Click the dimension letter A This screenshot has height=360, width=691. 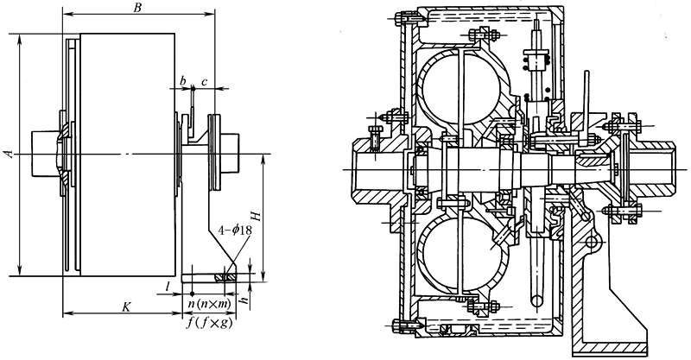9,154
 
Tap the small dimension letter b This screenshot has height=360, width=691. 182,80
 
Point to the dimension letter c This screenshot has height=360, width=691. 203,80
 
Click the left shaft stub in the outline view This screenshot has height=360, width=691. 44,154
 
